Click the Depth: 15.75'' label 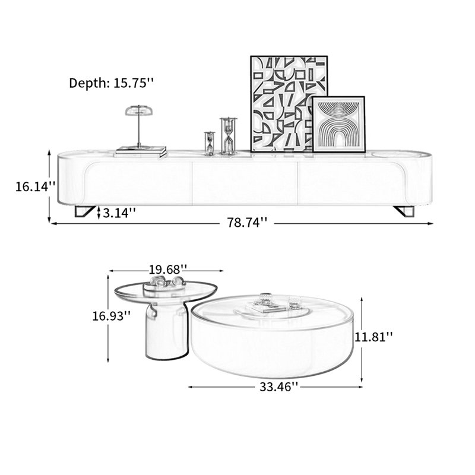[112, 83]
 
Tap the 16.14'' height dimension [36, 186]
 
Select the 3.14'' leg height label [119, 213]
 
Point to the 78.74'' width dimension [247, 223]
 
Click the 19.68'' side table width [168, 270]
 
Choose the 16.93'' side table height [112, 316]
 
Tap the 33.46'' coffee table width [278, 387]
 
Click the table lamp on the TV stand [139, 127]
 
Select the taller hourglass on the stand [229, 136]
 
